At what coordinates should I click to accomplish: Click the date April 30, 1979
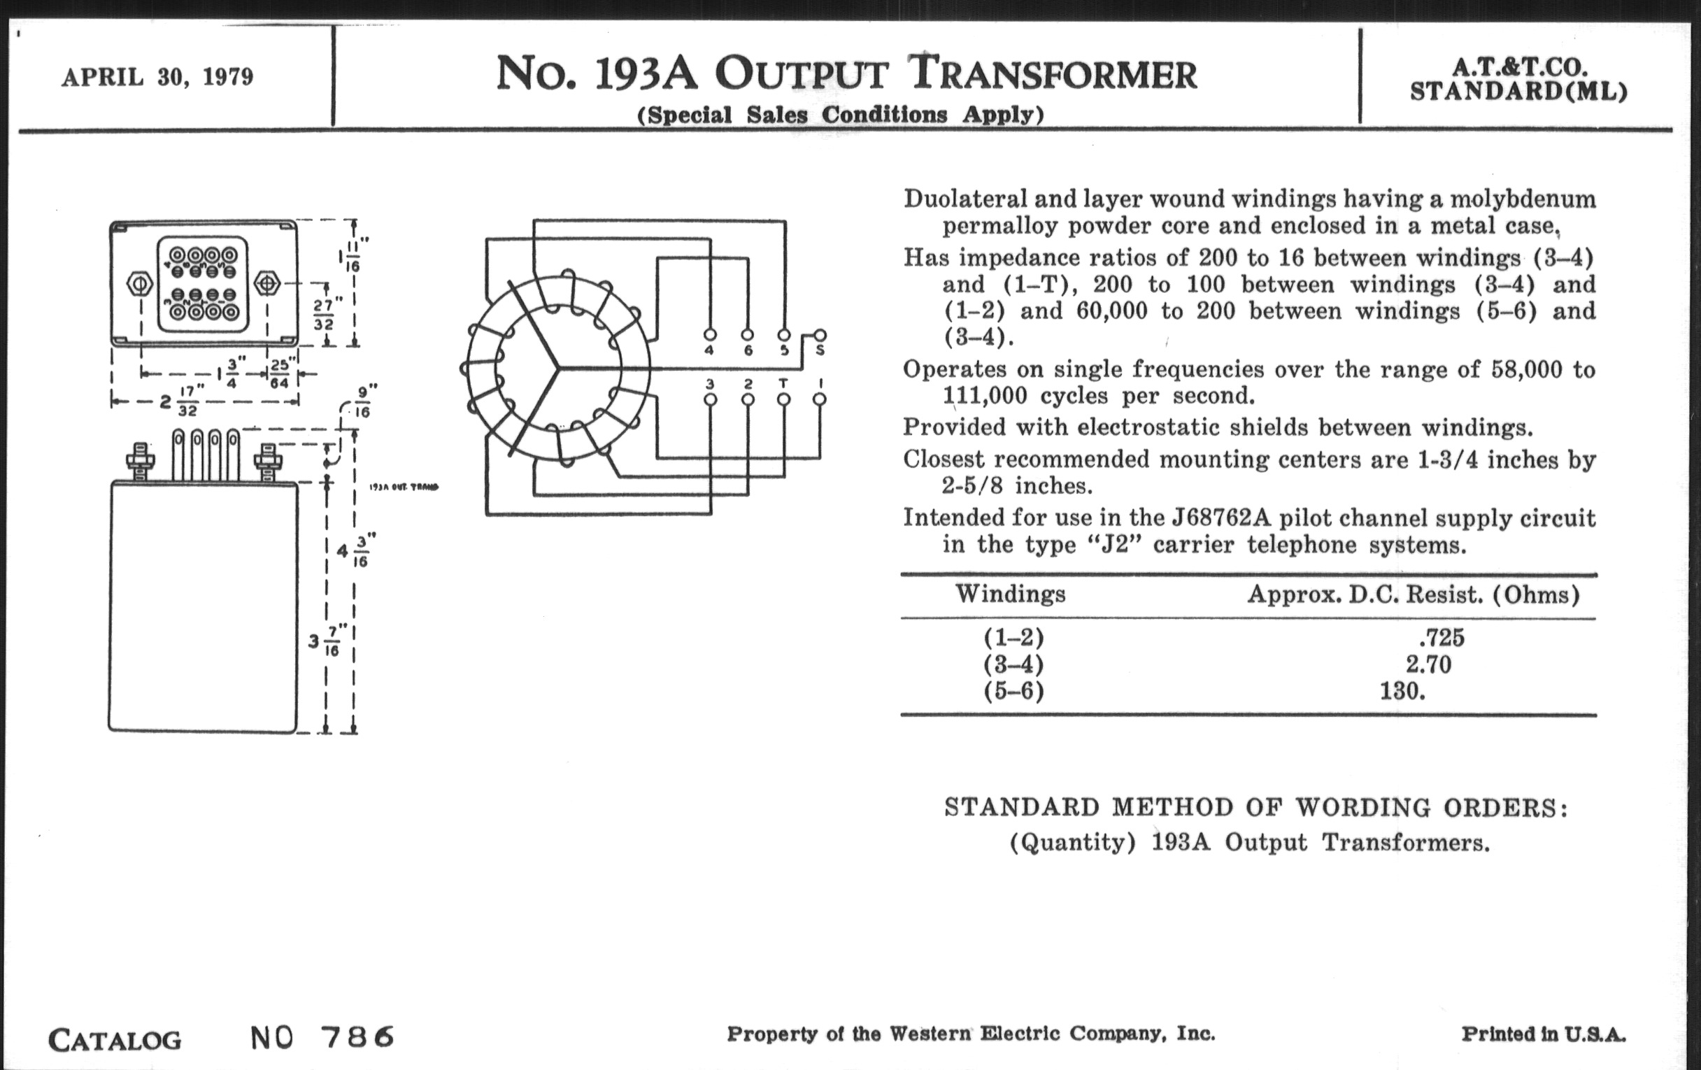tap(157, 77)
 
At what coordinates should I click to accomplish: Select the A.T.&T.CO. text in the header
tap(1519, 67)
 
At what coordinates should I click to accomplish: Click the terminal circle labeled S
tap(820, 335)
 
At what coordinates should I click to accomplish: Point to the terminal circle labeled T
tap(783, 399)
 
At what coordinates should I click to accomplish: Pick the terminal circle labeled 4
tap(710, 335)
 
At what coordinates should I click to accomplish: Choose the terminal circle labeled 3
tap(711, 399)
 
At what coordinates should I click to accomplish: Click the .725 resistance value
tap(1441, 638)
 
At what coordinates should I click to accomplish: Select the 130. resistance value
tap(1402, 691)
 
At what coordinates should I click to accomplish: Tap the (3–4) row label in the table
tap(1013, 664)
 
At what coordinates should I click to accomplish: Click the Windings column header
tap(1010, 594)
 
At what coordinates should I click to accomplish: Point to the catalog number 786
tap(357, 1037)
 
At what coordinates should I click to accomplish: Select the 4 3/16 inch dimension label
tap(353, 550)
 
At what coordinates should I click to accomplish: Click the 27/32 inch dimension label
tap(326, 315)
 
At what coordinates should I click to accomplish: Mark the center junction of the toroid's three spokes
tap(559, 367)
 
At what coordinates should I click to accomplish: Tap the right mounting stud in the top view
tap(267, 284)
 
